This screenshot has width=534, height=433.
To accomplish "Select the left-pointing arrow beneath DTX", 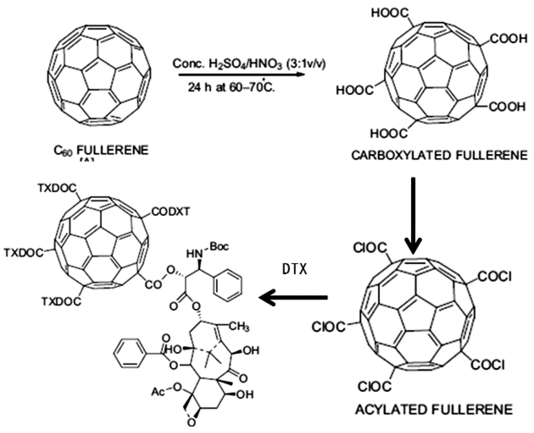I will click(293, 296).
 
